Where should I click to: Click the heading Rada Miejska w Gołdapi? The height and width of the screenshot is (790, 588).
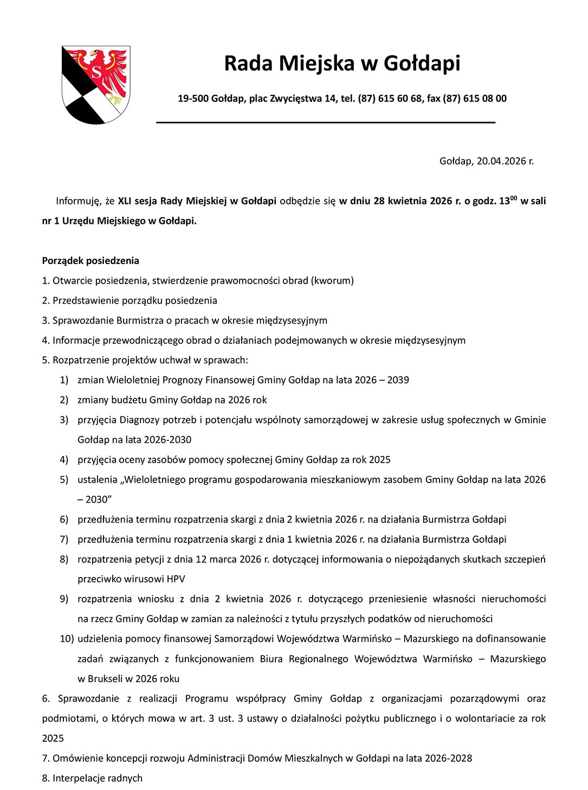tap(342, 63)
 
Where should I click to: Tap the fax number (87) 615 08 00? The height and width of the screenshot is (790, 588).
tap(475, 99)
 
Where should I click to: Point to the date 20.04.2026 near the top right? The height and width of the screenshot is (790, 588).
tap(501, 161)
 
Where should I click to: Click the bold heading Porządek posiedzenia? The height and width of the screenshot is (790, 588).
tap(91, 261)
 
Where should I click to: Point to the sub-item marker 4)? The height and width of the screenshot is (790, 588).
tap(64, 460)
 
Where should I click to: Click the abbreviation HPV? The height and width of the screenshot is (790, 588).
tap(176, 579)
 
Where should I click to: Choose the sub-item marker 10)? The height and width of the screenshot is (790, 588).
tap(67, 639)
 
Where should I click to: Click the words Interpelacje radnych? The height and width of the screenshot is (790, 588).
tap(98, 778)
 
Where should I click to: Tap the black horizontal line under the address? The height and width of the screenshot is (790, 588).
tap(326, 123)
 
